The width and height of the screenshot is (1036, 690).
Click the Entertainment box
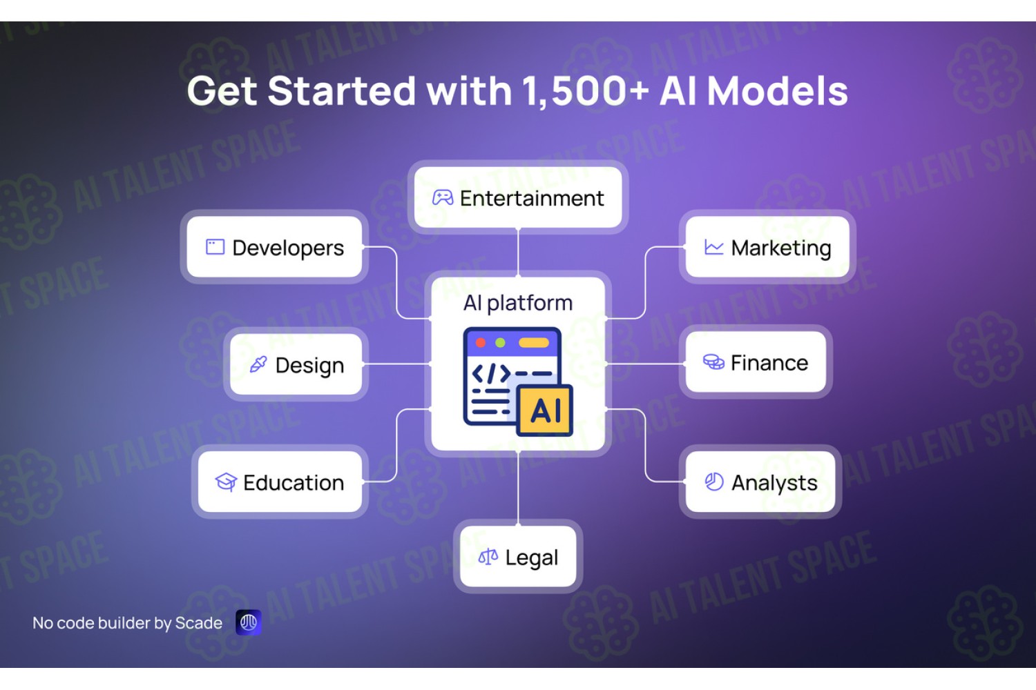coord(518,197)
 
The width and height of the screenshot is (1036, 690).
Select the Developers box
coord(274,247)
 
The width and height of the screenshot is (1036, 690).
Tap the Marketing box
coord(767,247)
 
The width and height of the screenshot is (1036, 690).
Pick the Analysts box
coord(760,482)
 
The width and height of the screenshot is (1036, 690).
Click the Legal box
coord(518,556)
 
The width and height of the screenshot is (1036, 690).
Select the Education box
coord(280,482)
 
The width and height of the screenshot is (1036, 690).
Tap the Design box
coord(296,364)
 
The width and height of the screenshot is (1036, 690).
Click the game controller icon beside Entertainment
coord(443,197)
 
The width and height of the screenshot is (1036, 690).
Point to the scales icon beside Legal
coord(488,556)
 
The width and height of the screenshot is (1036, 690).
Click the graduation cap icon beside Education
coord(226,482)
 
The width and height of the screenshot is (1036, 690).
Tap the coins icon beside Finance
coord(713,362)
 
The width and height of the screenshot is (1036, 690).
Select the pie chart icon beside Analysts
coord(714,482)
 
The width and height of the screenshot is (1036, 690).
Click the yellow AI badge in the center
coord(545,411)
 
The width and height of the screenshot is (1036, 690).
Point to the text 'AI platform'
coord(518,303)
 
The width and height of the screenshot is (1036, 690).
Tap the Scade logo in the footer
coord(249,622)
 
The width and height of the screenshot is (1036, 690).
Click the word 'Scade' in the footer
coord(199,623)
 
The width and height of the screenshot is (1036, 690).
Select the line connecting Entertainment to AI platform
coord(518,253)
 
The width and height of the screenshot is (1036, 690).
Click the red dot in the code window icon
coord(481,342)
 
